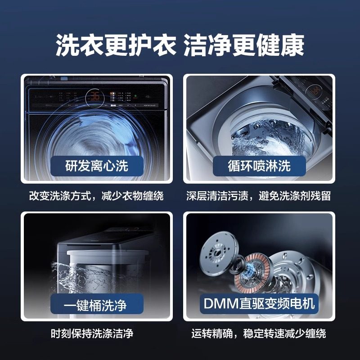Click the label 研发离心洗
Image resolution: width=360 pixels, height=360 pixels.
[x=97, y=165]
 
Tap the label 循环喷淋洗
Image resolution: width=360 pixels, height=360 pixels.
[x=259, y=165]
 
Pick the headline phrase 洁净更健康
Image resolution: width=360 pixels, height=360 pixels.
[x=245, y=45]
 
